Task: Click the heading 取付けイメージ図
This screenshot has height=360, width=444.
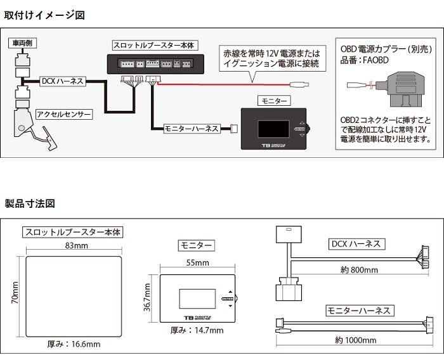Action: coord(44,14)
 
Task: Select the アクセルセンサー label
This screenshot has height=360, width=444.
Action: coord(64,115)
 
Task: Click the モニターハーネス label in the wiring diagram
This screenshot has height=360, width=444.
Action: coord(192,128)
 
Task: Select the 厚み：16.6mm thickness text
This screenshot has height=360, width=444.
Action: coord(74,344)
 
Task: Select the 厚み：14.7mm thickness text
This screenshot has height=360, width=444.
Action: coord(197,330)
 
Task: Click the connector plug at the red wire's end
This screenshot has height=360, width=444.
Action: coord(299,84)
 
